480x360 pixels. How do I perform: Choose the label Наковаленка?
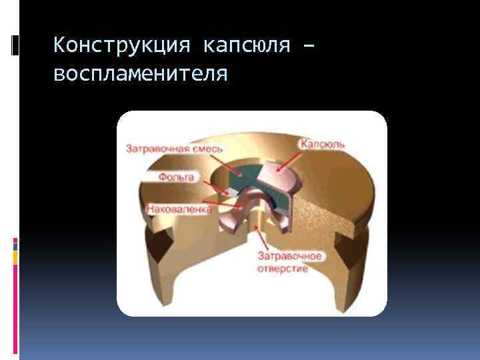click(x=179, y=209)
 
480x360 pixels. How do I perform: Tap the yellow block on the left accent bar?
click(x=15, y=256)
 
